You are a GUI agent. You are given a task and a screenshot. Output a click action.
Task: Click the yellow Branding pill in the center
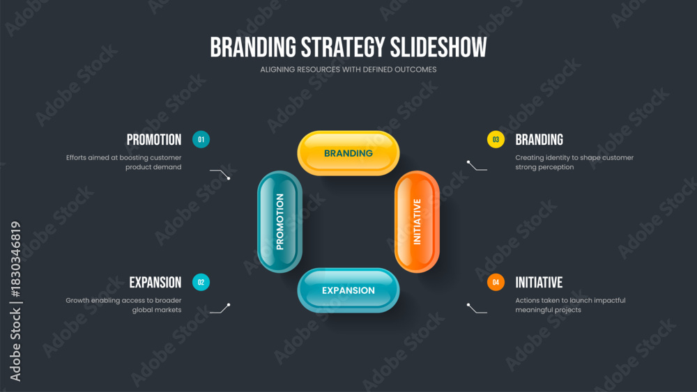[x=348, y=153]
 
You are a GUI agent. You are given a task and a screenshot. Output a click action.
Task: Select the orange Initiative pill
[x=417, y=221]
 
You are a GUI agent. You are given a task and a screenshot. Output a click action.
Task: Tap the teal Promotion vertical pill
[x=279, y=221]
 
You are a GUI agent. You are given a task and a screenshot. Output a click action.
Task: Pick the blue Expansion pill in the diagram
[x=348, y=290]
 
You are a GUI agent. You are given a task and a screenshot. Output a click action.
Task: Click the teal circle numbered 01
[x=201, y=139]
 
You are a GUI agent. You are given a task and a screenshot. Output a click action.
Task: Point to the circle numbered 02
[x=201, y=283]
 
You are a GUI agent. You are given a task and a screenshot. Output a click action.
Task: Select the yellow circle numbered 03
[x=496, y=139]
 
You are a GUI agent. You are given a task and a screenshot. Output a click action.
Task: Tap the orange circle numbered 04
[x=496, y=283]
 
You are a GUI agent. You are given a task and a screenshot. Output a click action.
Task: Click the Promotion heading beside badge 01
[x=154, y=140]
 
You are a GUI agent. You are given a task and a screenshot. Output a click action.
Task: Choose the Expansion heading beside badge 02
[x=155, y=283]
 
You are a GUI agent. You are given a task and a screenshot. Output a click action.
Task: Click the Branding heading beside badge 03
[x=539, y=140]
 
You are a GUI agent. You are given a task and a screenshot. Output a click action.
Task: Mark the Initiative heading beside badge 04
[x=539, y=283]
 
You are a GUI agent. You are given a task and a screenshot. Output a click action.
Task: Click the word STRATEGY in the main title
[x=343, y=47]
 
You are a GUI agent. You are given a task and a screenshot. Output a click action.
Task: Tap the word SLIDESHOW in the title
[x=438, y=47]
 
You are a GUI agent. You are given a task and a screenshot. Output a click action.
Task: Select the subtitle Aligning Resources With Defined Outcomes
[x=348, y=69]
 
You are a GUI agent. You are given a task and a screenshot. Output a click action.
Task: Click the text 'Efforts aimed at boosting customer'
[x=123, y=157]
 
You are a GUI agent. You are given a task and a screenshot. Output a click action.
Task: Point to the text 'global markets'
[x=156, y=310]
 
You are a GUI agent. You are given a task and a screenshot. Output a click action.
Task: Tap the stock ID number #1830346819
[x=15, y=259]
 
